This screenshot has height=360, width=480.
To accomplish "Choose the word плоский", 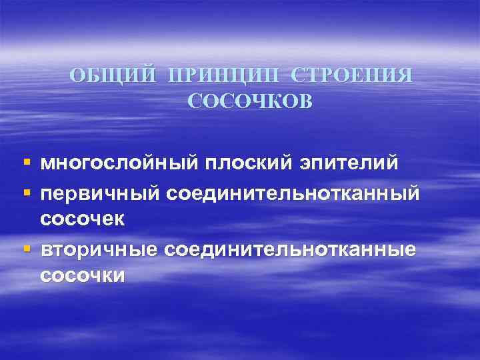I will pos(251,163).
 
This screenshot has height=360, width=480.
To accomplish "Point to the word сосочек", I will pos(83,217).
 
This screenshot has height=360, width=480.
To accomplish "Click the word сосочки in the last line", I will pos(83,275).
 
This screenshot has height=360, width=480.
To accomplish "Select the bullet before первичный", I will pos(26,192).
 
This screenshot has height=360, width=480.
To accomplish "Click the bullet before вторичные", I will pos(26,249).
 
